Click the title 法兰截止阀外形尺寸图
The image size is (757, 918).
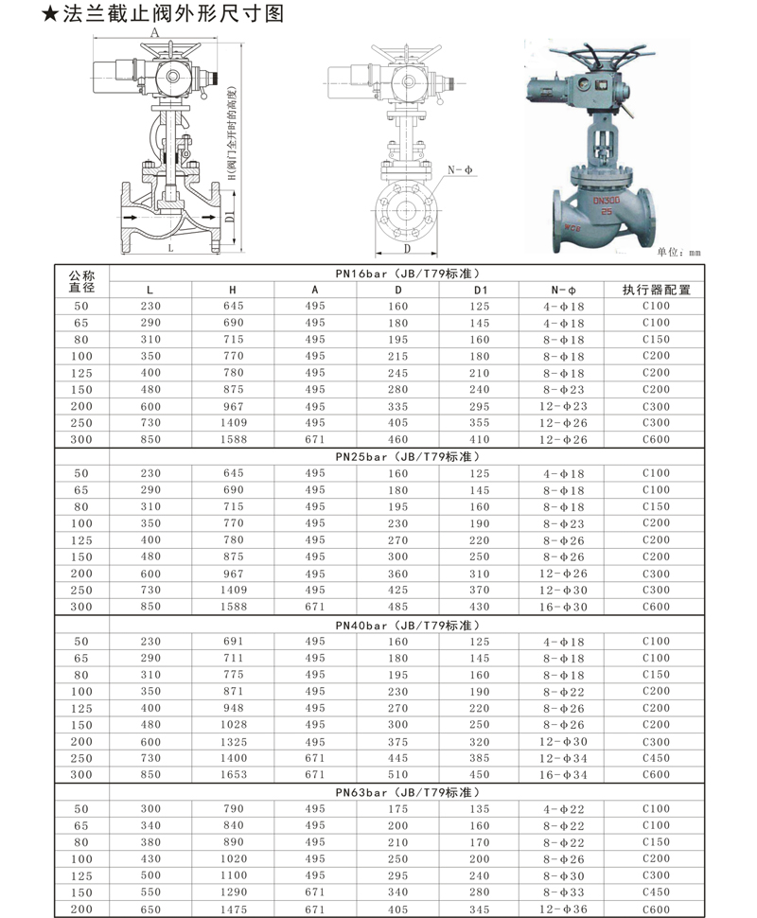click(x=173, y=13)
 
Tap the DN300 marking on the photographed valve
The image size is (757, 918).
click(x=606, y=201)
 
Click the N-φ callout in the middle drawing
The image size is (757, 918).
click(x=460, y=170)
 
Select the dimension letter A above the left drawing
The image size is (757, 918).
click(x=154, y=33)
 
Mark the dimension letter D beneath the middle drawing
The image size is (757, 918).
click(x=408, y=249)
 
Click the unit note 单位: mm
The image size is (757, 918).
click(x=678, y=253)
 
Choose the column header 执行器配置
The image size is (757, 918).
click(x=656, y=290)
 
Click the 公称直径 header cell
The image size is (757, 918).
click(x=81, y=282)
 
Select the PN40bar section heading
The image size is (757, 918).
click(x=408, y=626)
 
